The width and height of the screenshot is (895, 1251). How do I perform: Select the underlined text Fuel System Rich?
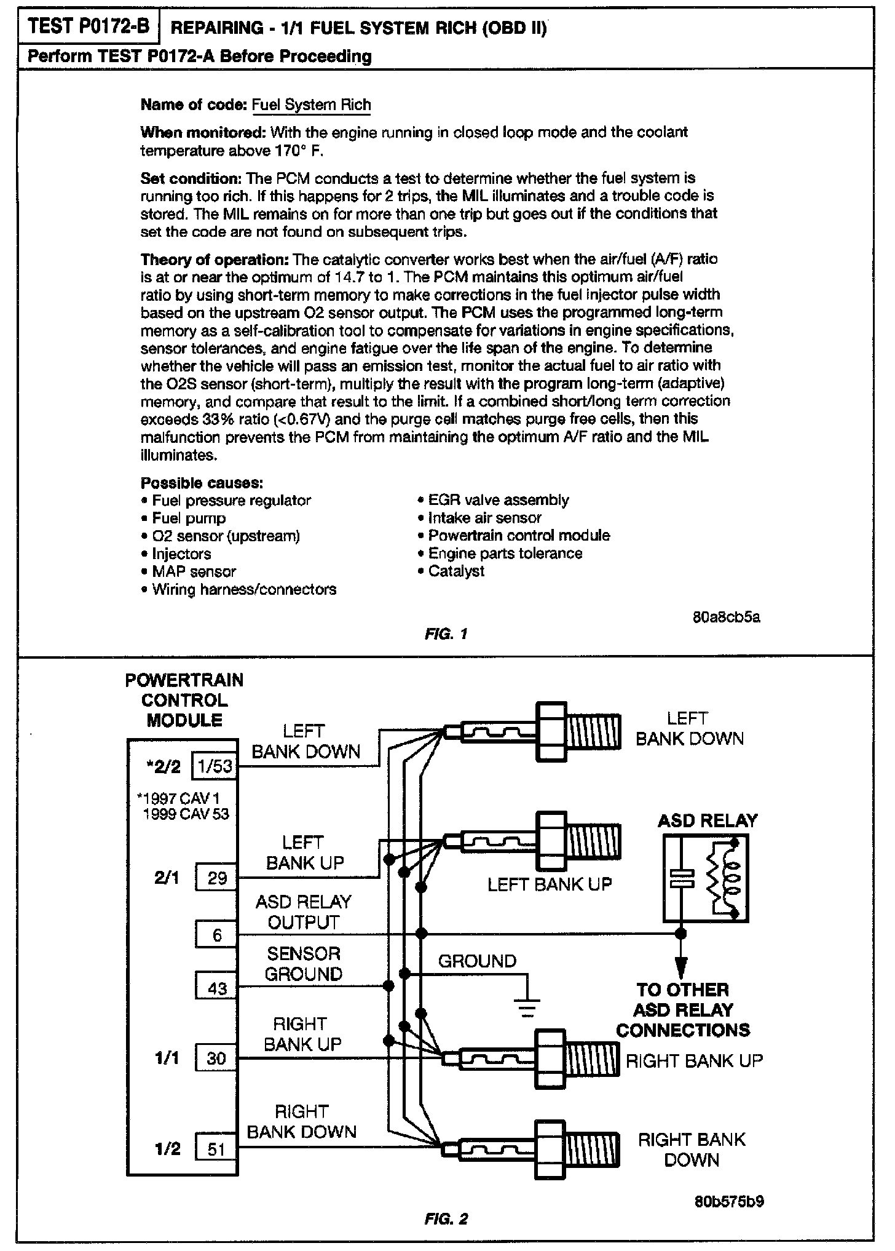coord(312,105)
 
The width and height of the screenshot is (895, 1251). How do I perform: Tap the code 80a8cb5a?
coord(726,617)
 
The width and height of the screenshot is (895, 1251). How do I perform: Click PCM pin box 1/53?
coord(215,766)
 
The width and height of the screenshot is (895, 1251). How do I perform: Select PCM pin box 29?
coord(216,878)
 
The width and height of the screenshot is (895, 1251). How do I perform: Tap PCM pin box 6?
coord(216,935)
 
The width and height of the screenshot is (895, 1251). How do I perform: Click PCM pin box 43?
coord(216,988)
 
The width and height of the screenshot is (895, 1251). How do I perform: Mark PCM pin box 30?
coord(216,1058)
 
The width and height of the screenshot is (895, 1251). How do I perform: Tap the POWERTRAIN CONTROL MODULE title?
coord(184,700)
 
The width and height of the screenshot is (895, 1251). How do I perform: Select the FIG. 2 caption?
coord(446,1218)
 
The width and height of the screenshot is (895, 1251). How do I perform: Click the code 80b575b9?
coord(729,1201)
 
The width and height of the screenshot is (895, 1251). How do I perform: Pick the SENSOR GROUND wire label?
coord(303,964)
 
